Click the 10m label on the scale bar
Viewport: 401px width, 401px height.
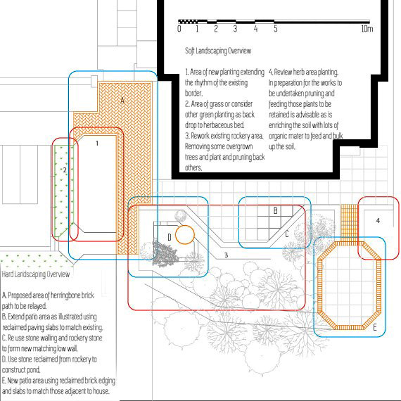pos(367,28)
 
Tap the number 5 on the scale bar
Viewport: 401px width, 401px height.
pos(276,28)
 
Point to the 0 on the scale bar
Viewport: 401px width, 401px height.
pos(179,28)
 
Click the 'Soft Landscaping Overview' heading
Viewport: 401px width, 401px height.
pos(218,51)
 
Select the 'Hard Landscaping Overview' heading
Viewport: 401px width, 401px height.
pos(36,274)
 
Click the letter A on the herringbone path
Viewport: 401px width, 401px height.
pos(122,100)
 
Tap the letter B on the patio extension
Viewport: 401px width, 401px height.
pos(276,210)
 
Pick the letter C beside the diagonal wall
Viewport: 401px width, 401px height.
pos(287,234)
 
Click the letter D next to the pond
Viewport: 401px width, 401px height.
pos(170,237)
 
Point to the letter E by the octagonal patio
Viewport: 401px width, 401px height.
pos(375,327)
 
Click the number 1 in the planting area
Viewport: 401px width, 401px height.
pos(97,144)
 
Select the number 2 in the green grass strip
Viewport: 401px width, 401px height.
pos(65,170)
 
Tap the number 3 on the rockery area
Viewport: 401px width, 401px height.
pos(226,255)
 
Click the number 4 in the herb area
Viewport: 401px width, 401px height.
pos(378,220)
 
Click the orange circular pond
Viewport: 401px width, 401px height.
pos(185,234)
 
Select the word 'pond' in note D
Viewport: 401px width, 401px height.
pos(34,369)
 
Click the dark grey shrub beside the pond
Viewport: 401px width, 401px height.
pos(165,253)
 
